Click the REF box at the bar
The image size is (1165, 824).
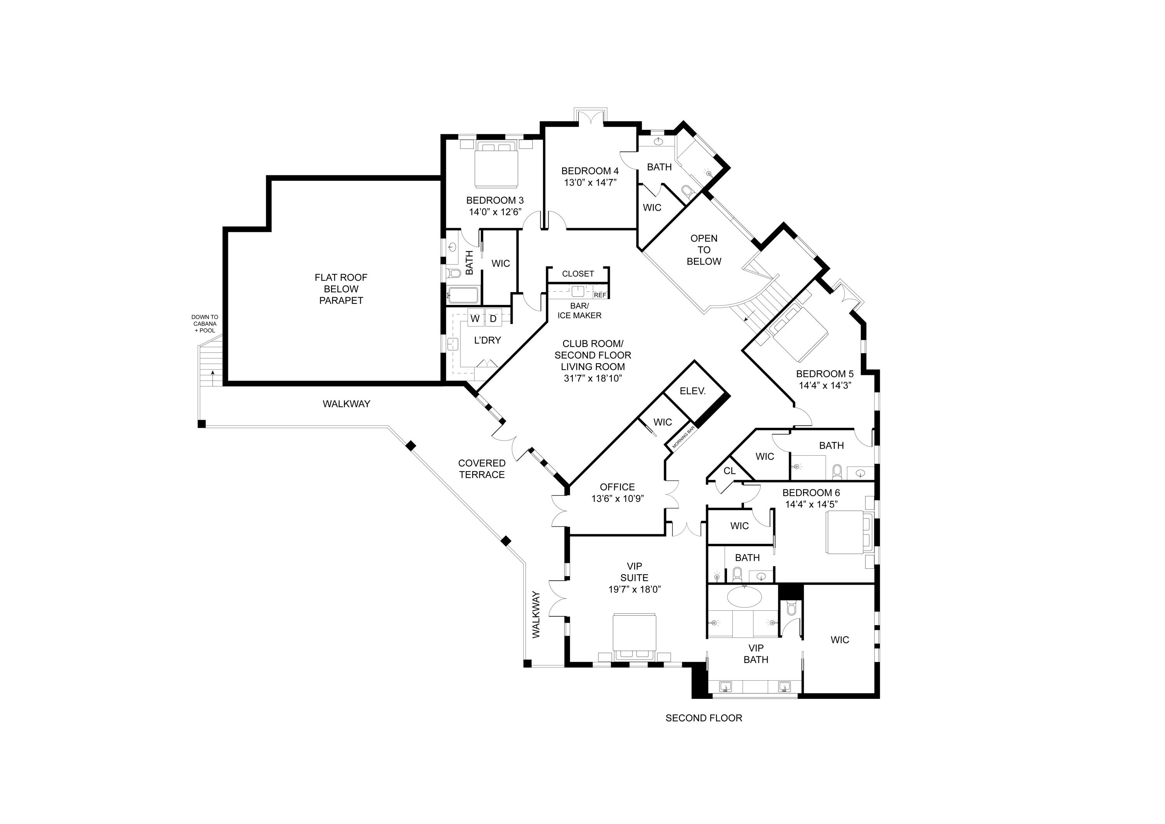coord(600,295)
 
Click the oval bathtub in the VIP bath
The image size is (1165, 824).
coord(744,597)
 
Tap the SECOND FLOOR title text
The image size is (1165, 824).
coord(704,718)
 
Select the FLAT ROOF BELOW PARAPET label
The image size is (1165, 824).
coord(341,289)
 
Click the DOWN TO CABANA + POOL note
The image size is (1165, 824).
coord(205,323)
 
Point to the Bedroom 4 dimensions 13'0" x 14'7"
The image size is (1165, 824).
coord(590,183)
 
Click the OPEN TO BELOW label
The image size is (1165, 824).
coord(704,250)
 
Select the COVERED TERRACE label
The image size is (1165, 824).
coord(482,469)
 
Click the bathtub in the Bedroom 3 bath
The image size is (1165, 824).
coord(462,295)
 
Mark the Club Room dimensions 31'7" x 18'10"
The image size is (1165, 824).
coord(593,378)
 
